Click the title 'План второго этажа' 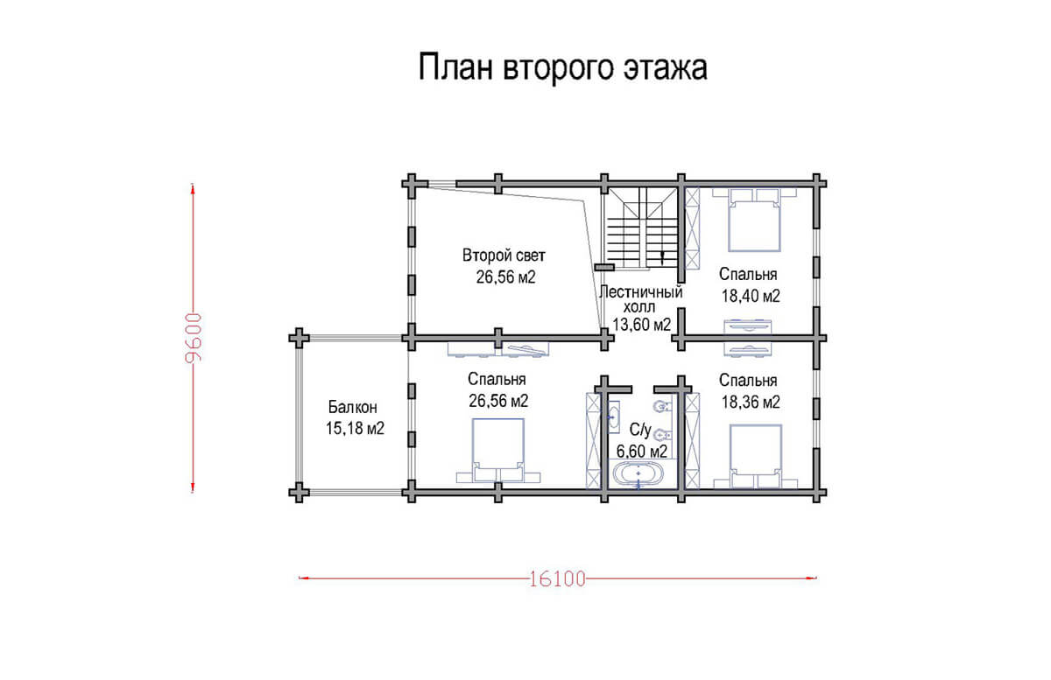[x=562, y=68]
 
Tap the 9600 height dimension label [x=194, y=338]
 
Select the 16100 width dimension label [x=557, y=578]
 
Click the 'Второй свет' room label [x=504, y=256]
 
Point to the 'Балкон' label [x=352, y=407]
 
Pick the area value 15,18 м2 [x=356, y=428]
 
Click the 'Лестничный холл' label [x=640, y=299]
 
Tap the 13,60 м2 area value [x=641, y=324]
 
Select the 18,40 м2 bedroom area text [x=751, y=296]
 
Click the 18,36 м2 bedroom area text [x=751, y=402]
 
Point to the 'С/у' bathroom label [x=640, y=430]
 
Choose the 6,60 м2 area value [x=641, y=451]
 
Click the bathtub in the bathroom [x=638, y=473]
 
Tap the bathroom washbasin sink [x=614, y=417]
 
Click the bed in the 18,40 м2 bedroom [x=754, y=220]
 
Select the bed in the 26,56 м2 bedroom [x=498, y=450]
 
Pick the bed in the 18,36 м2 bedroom [x=755, y=456]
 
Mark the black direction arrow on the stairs [x=662, y=257]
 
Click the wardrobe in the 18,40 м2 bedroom [x=693, y=228]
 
